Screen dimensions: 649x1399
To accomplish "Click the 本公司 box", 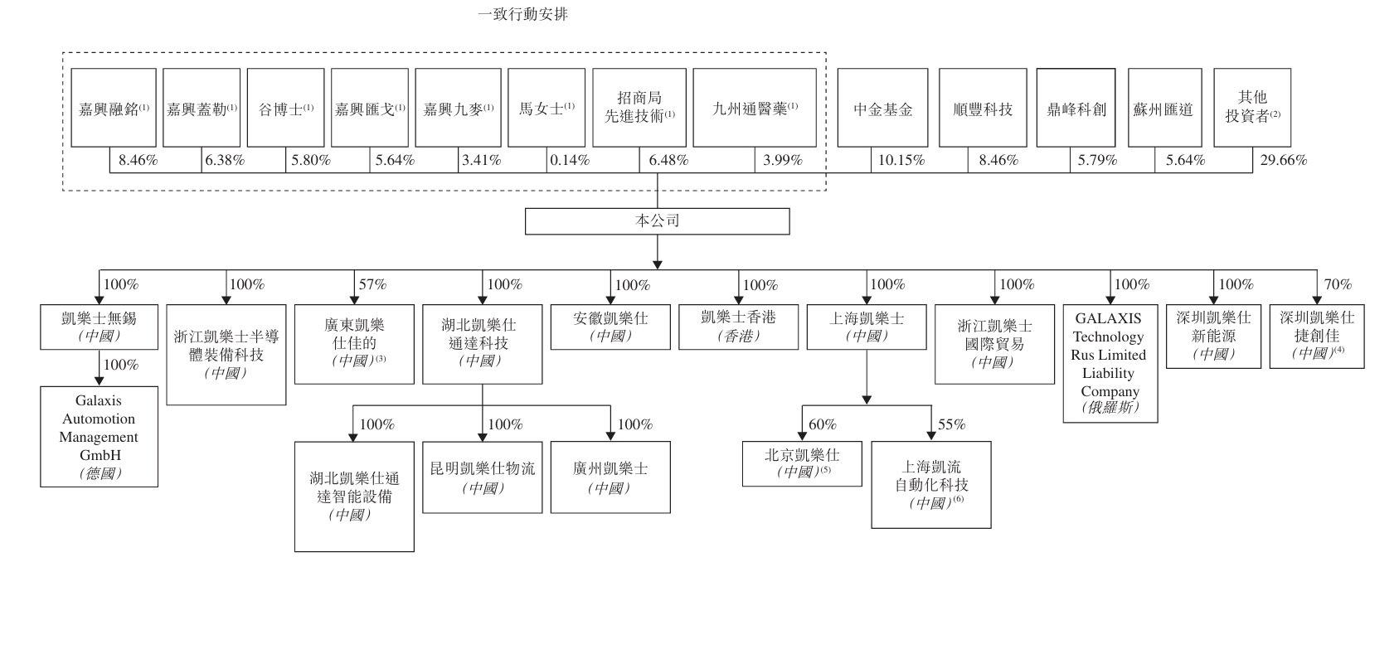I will coord(657,221).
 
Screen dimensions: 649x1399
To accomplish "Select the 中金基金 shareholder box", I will coord(882,109).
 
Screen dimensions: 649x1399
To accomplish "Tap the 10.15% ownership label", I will coord(901,161).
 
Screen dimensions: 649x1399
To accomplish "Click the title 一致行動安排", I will coord(522,14).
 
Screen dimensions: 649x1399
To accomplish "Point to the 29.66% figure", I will coord(1283,161).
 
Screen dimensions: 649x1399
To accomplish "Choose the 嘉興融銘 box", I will coord(114,109).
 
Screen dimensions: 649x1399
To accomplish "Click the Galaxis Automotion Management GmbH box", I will coord(99,437).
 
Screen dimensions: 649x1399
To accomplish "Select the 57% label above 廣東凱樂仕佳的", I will coord(372,284).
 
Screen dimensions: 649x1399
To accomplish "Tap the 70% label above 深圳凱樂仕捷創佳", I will coord(1337,284).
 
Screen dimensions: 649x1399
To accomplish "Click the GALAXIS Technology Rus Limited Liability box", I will coord(1110,363).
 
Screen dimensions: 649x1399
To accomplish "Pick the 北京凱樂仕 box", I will coord(801,463).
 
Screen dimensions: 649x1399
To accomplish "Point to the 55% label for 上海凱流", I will coord(951,424).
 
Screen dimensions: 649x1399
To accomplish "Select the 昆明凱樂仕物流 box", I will coord(482,477).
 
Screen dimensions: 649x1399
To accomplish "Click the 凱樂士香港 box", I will coord(738,327).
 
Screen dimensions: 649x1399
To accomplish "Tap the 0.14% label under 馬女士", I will coord(570,161).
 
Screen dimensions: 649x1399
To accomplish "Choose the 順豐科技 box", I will coord(983,109).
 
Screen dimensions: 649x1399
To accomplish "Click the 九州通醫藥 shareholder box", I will coord(754,109).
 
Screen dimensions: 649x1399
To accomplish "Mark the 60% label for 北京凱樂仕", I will coord(822,424).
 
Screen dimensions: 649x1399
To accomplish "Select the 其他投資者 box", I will coord(1251,109).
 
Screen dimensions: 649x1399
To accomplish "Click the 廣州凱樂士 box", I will coord(610,477).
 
